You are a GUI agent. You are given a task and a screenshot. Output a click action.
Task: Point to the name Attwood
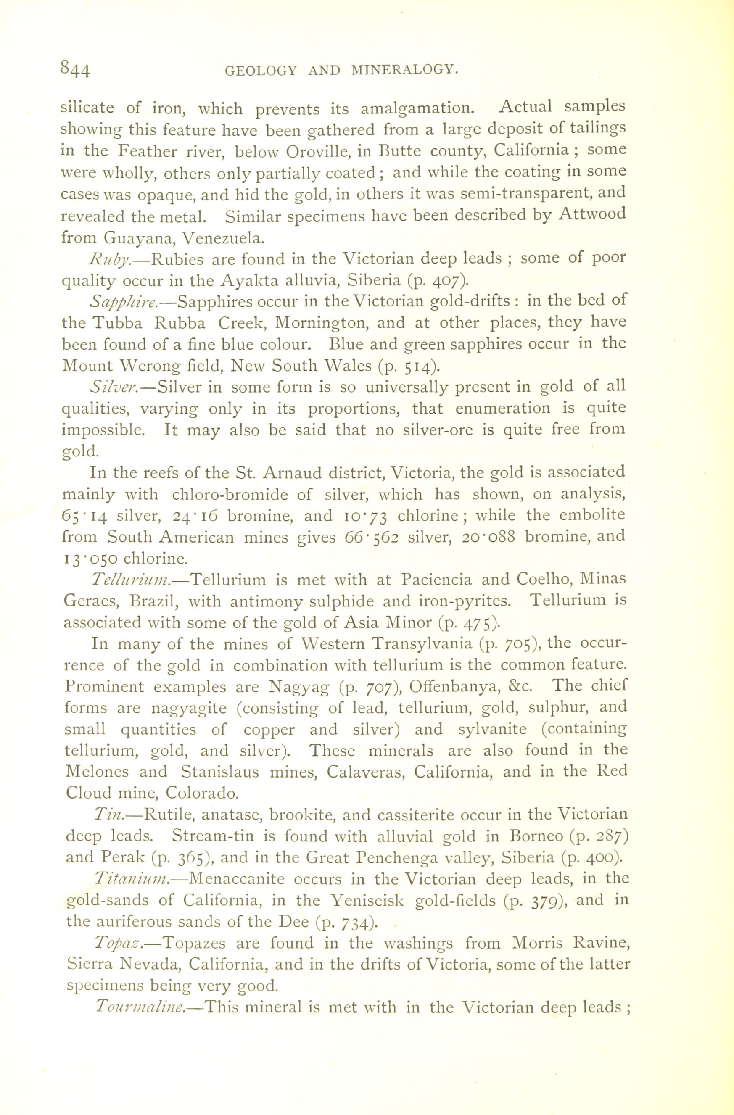tap(593, 214)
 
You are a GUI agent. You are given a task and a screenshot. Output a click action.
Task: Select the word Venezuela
tap(223, 238)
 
